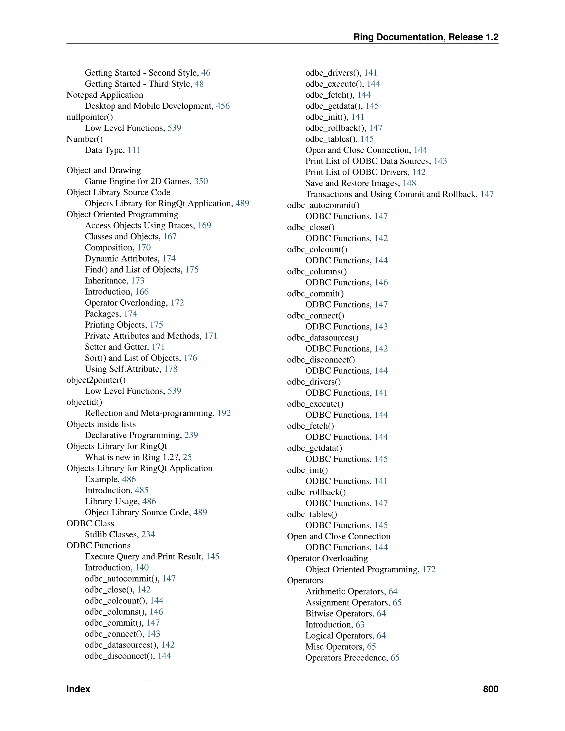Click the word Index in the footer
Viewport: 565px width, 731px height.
[x=78, y=689]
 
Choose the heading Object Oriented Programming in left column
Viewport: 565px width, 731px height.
[x=122, y=214]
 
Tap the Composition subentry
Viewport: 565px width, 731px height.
[x=110, y=247]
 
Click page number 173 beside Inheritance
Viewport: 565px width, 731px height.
[x=138, y=281]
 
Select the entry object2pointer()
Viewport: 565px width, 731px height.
[x=96, y=380]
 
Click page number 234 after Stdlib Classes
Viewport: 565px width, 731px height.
[x=148, y=534]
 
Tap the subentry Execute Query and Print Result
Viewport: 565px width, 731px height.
[x=144, y=556]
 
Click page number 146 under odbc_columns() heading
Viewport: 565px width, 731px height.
[x=381, y=282]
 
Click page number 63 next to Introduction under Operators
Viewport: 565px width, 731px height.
[x=360, y=625]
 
